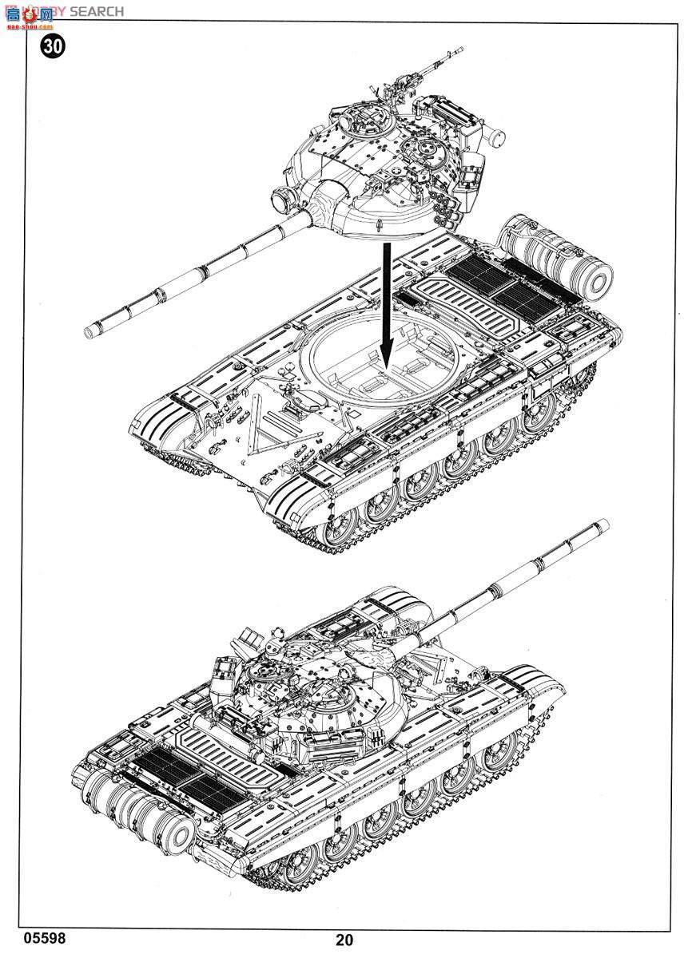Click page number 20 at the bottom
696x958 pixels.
tap(344, 940)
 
